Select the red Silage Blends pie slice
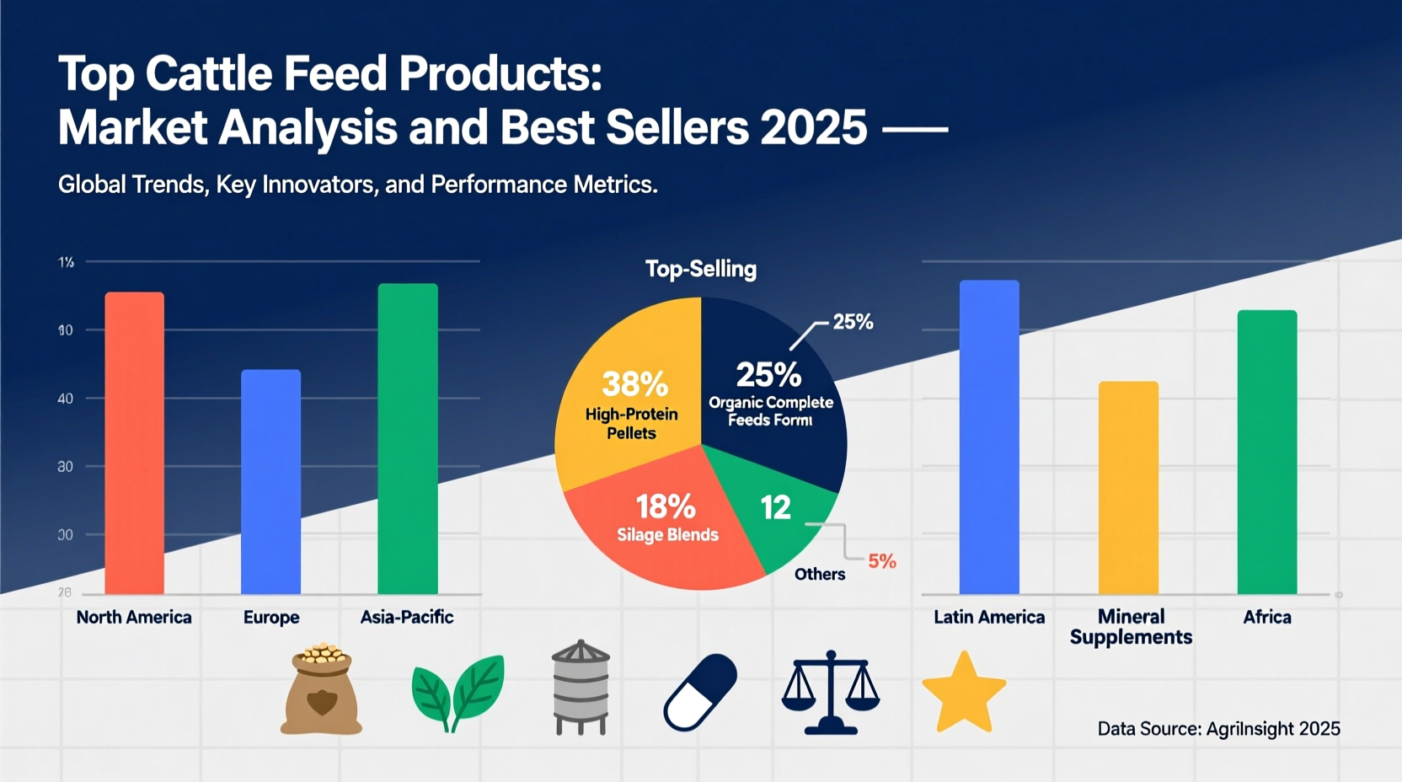pos(657,539)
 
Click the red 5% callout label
pos(882,561)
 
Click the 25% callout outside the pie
pos(853,322)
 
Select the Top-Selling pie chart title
pos(700,269)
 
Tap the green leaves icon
pos(458,691)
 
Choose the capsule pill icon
pos(700,692)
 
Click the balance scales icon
pos(830,692)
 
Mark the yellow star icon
pos(964,694)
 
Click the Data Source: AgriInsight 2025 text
pos(1218,729)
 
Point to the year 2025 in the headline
pos(813,128)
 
